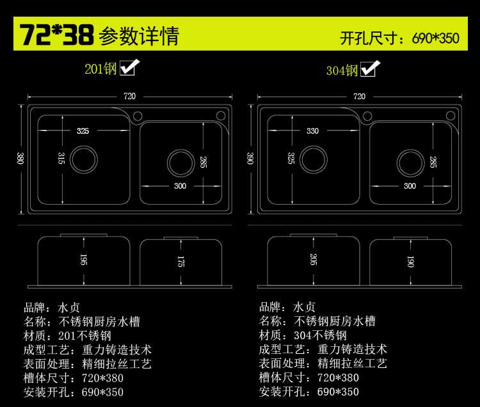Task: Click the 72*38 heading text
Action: [x=56, y=35]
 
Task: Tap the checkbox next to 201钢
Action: [x=130, y=67]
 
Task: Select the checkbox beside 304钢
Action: [x=369, y=68]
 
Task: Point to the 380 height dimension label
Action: [x=20, y=158]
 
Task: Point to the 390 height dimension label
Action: [x=250, y=158]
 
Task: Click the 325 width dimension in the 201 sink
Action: [x=83, y=131]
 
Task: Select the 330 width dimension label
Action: [x=312, y=131]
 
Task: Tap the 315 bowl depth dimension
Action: [x=61, y=158]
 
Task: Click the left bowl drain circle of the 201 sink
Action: [x=83, y=157]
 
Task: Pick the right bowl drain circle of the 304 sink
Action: [x=410, y=161]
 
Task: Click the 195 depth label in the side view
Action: [x=84, y=259]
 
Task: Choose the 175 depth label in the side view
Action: [x=181, y=262]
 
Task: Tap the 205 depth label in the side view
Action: [x=312, y=259]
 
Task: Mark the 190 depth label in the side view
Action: [x=410, y=262]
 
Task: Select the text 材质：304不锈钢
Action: [x=303, y=335]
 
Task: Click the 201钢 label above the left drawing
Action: [x=101, y=68]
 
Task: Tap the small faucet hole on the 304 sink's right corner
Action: [x=452, y=116]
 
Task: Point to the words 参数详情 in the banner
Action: [x=139, y=36]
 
